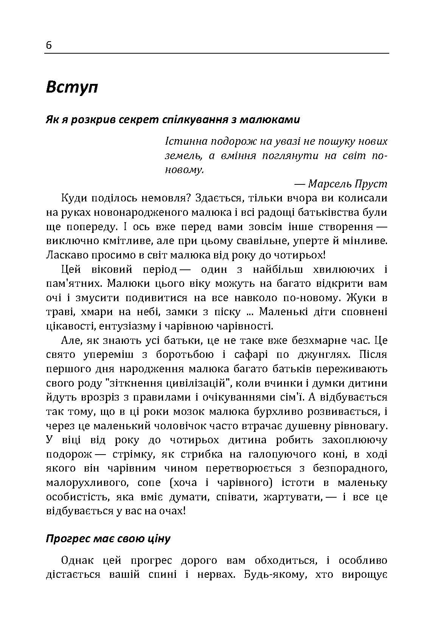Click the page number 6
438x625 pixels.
click(49, 45)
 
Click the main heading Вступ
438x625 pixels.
click(72, 87)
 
